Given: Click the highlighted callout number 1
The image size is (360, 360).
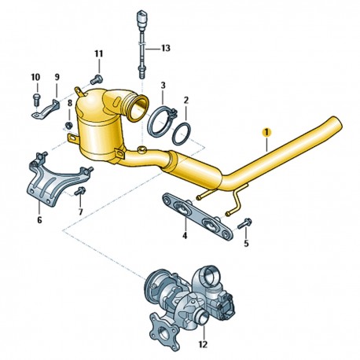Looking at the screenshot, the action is click(266, 133).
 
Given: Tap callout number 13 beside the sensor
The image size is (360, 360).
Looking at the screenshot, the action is click(165, 48).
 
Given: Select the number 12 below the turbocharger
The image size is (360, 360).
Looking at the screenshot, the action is click(203, 343).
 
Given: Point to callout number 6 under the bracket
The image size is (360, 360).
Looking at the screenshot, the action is click(39, 220).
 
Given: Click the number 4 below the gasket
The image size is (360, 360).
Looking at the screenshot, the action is click(185, 236).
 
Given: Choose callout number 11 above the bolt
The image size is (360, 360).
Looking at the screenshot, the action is click(99, 54).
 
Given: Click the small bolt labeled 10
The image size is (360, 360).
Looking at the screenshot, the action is click(36, 99).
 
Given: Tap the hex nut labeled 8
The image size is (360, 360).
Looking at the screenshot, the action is click(68, 125).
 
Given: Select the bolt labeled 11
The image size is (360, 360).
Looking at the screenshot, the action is click(97, 79).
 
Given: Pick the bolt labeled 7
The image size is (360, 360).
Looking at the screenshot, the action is click(79, 191).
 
